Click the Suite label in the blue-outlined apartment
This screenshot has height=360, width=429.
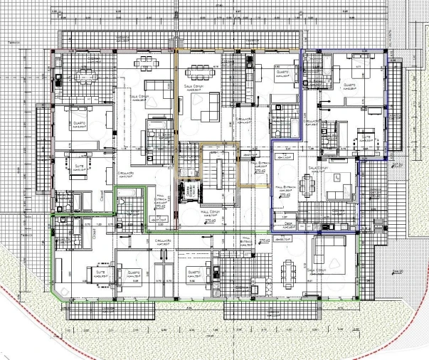pyautogui.click(x=366, y=136)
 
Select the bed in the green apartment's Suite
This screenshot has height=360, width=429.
pyautogui.click(x=96, y=279)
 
